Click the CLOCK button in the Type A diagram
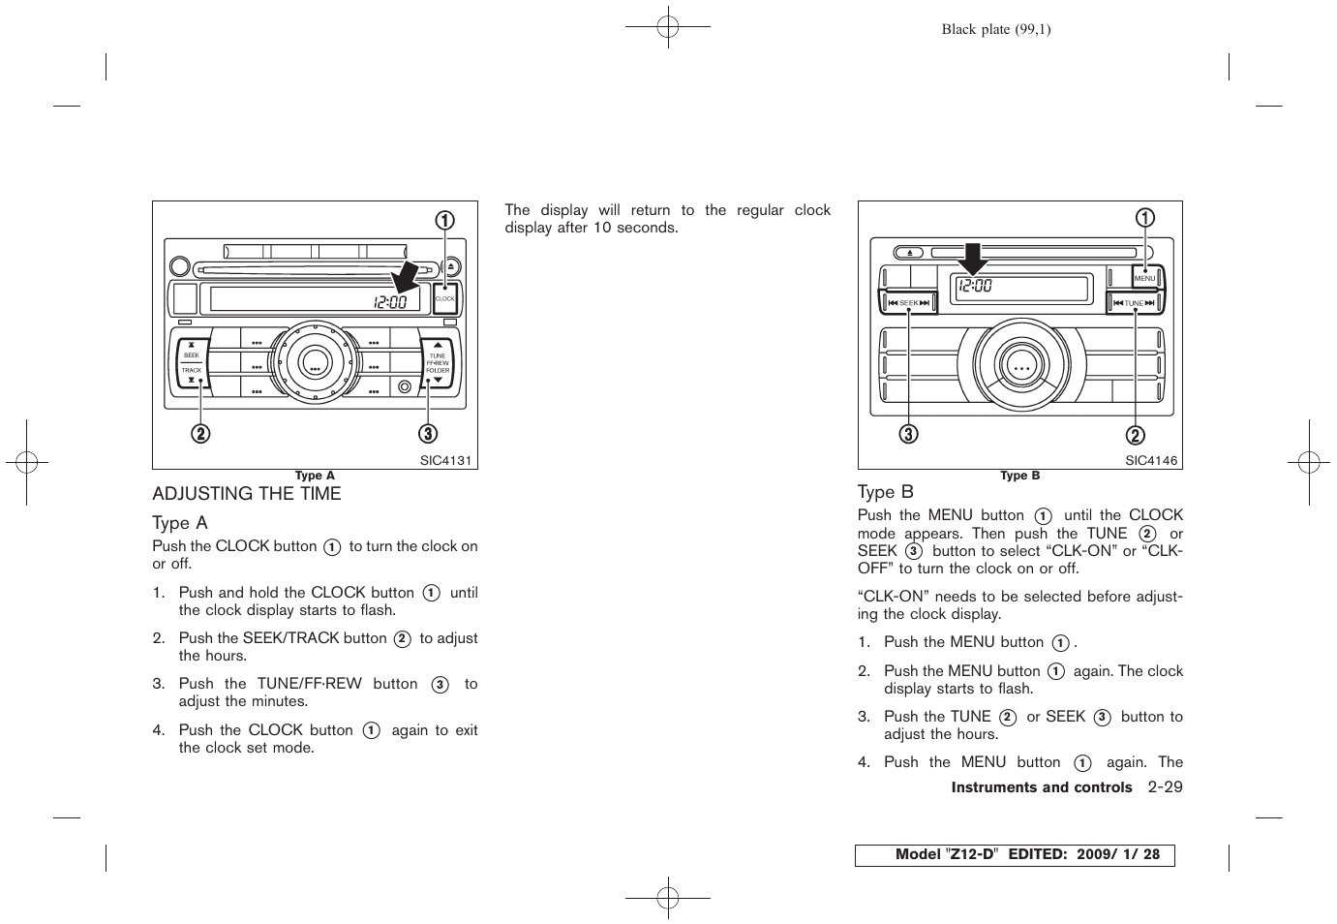445,298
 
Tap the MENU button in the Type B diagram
1145,278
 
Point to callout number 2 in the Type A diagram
199,434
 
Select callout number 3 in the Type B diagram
908,434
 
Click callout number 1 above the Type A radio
444,221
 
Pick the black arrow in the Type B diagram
973,259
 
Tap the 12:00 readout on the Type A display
390,302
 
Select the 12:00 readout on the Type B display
975,286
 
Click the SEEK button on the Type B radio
908,303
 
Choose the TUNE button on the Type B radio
1134,303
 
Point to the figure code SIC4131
445,461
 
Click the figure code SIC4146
1151,461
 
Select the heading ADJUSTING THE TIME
247,494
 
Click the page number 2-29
1165,787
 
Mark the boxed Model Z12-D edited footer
1015,855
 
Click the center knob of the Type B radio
1021,368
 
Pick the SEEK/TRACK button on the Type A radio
192,362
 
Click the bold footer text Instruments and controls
1041,787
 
